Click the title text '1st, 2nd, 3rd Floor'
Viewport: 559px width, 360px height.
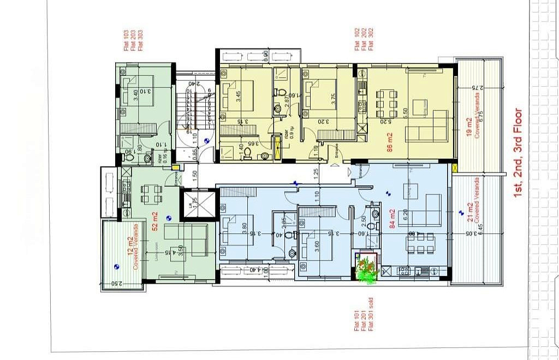point(518,152)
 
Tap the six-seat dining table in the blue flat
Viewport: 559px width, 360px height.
point(419,244)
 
